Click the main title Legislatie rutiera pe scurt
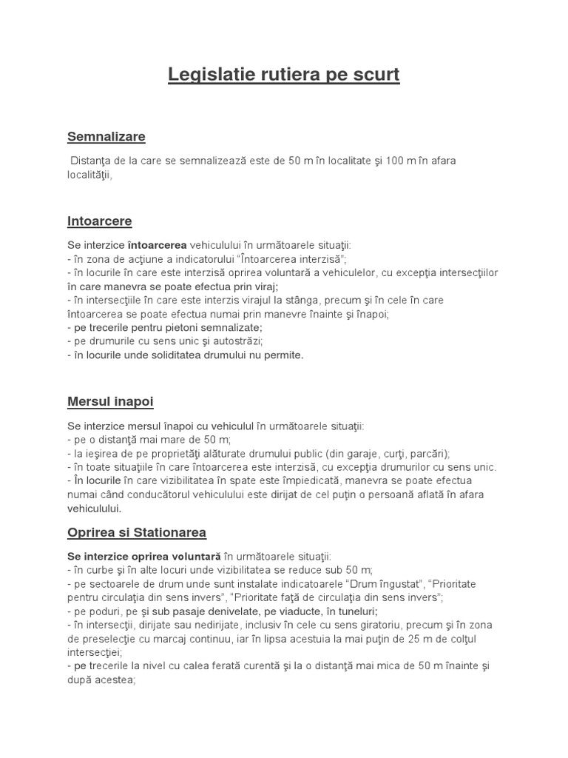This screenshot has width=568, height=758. [284, 75]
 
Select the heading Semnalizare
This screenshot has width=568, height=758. [106, 136]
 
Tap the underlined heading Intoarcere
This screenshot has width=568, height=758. [100, 221]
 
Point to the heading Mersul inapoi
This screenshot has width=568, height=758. [110, 401]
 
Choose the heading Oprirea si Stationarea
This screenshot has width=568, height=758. [137, 532]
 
